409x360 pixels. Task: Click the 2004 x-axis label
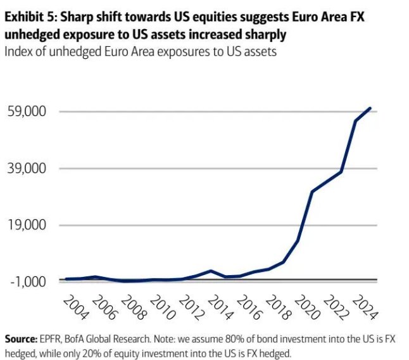[x=75, y=307]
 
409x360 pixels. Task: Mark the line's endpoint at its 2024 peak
[x=370, y=108]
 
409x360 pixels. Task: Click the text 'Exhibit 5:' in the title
[x=30, y=17]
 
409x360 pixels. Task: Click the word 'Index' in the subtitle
[x=18, y=51]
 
